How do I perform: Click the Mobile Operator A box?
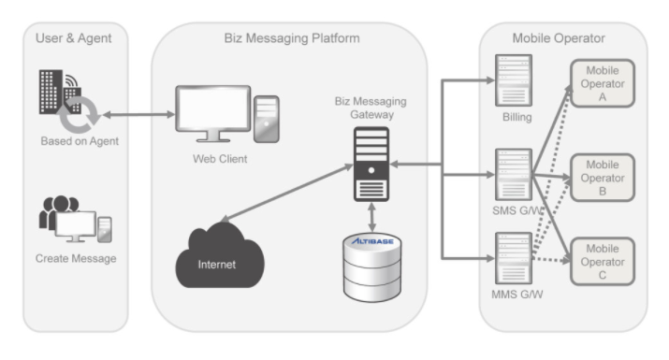603,83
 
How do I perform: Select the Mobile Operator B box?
603,178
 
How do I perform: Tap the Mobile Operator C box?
603,261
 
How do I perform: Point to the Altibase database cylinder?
372,267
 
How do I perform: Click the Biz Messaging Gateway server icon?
371,164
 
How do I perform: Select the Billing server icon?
514,80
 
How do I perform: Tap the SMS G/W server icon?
514,174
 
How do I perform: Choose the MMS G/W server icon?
514,258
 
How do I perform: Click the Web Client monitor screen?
213,108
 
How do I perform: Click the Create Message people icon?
76,219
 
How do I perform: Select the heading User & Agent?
73,38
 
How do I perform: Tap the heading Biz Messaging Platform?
292,38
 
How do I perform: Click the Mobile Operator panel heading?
559,38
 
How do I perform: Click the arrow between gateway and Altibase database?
371,218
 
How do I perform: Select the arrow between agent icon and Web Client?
138,114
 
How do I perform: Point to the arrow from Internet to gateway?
286,193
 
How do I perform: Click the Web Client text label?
220,159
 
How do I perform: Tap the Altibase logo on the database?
372,241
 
